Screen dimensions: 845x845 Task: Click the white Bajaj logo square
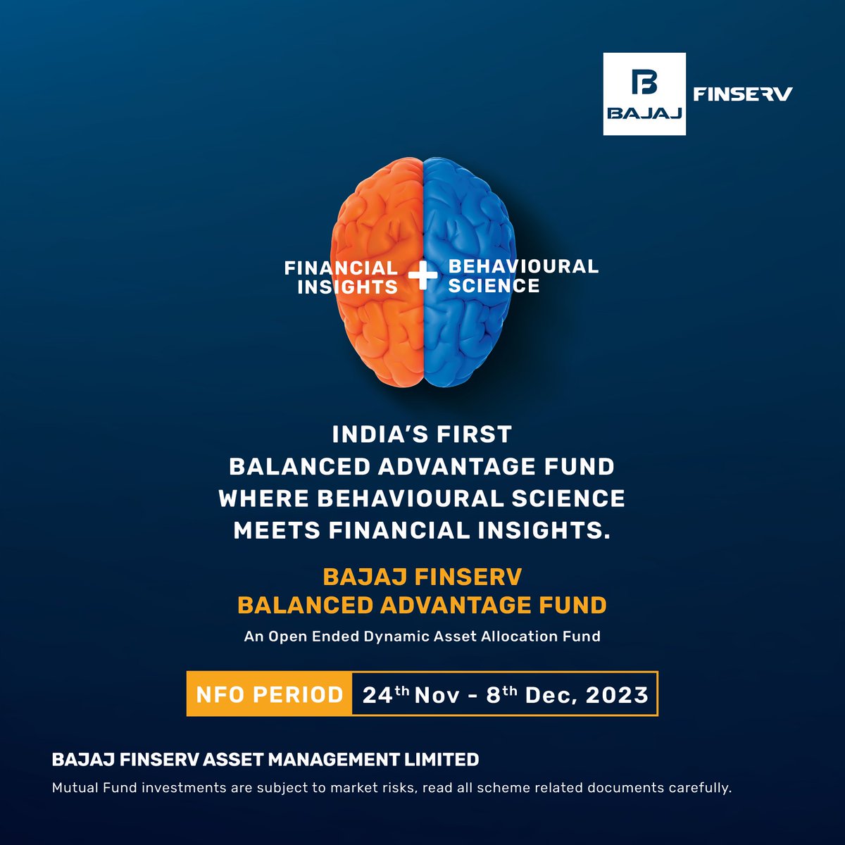(644, 94)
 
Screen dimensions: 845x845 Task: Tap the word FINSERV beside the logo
(743, 94)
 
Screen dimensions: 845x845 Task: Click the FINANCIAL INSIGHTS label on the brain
(341, 277)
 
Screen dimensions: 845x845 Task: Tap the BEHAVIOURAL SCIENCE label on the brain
(523, 276)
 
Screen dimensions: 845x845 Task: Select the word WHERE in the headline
(263, 499)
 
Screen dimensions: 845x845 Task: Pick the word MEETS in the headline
(277, 531)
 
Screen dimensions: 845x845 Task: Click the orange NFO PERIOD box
(269, 694)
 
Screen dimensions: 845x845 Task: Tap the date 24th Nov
(411, 694)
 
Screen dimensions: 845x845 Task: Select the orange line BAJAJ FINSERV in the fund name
(423, 577)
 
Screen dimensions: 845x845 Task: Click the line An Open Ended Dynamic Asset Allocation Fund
(423, 637)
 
